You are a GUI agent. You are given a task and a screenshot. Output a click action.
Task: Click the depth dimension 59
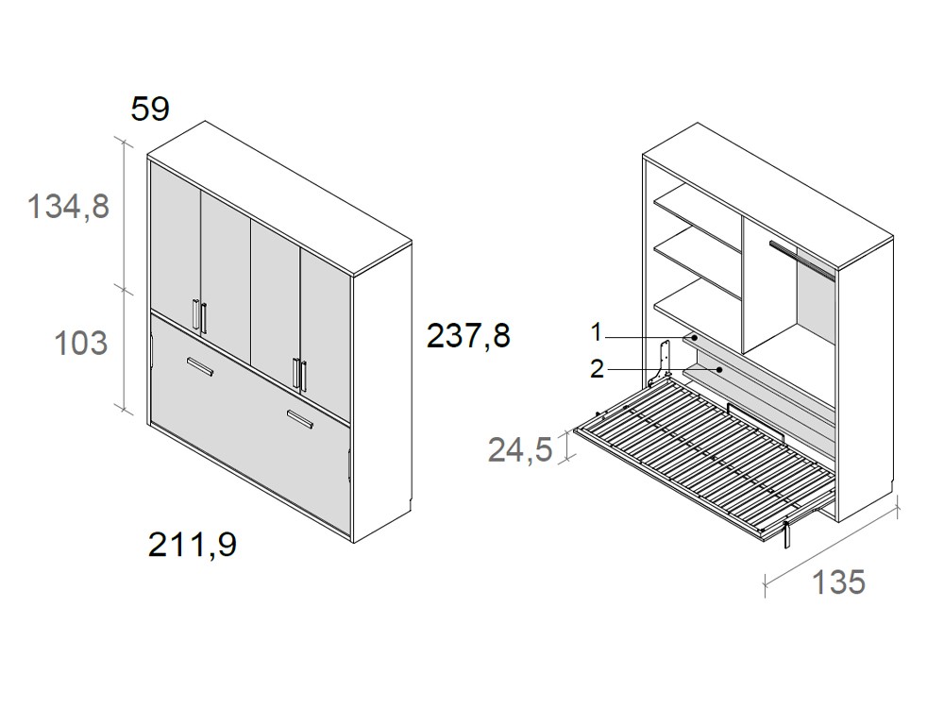coord(150,110)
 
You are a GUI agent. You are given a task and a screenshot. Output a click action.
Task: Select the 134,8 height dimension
coord(69,206)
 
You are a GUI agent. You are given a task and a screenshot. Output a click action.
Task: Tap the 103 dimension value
coord(82,343)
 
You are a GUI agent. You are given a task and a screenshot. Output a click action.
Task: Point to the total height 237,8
coord(468,335)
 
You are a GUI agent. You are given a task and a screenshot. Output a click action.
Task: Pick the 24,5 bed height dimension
coord(519,450)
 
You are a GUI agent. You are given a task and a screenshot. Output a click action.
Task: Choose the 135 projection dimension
coord(838,582)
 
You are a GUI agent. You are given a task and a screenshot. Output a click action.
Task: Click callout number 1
coord(597,332)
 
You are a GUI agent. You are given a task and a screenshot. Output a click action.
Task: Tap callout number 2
coord(597,368)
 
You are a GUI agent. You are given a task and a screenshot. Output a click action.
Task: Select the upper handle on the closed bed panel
coord(200,367)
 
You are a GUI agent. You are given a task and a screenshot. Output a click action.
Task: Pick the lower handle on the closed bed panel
coord(301,419)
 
